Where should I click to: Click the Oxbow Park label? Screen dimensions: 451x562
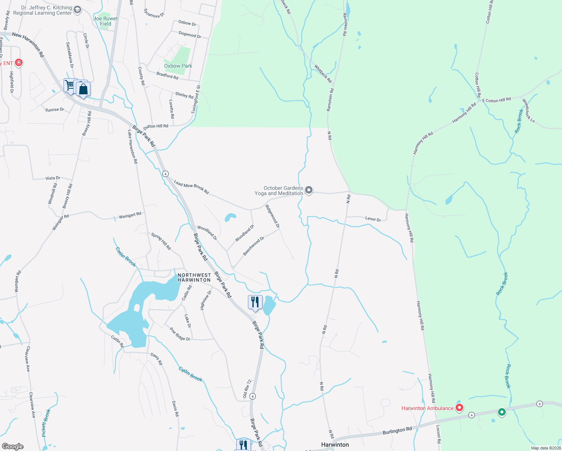[178, 66]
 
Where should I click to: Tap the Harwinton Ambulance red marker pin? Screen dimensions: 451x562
[459, 408]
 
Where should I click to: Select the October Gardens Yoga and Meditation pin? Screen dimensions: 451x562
[309, 190]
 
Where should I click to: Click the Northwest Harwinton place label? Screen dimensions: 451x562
[194, 277]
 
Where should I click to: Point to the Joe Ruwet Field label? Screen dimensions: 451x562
[106, 21]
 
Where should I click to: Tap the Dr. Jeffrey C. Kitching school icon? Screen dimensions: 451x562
[78, 10]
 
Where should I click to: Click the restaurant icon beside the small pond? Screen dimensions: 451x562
[255, 302]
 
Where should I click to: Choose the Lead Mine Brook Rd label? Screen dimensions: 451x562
[191, 187]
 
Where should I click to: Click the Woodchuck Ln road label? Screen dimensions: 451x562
[528, 110]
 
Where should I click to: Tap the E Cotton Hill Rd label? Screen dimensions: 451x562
[497, 100]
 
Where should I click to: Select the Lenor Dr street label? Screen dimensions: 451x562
[373, 218]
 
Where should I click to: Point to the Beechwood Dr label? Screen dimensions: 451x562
[254, 246]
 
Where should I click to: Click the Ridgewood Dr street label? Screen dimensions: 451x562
[273, 216]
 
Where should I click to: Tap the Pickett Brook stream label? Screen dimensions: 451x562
[46, 423]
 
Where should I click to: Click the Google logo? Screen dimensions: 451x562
[12, 446]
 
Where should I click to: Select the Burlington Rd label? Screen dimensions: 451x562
[397, 430]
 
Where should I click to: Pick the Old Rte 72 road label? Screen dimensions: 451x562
[247, 389]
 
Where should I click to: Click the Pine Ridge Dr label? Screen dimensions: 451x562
[180, 334]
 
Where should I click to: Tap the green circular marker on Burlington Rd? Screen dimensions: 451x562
[502, 412]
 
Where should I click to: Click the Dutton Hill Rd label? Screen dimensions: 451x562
[156, 126]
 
